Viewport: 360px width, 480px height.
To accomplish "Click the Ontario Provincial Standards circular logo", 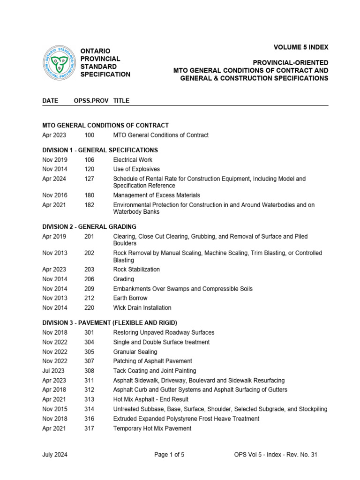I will tap(60, 62).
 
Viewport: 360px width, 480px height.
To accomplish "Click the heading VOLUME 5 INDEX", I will tap(301, 47).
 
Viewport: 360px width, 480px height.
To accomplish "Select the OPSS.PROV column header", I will tap(91, 100).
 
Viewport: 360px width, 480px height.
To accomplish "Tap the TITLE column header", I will tap(121, 100).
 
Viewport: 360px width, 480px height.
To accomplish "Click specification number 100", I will tap(89, 135).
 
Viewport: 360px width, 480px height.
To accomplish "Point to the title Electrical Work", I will tap(133, 159).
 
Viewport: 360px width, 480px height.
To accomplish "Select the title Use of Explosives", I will tap(136, 169).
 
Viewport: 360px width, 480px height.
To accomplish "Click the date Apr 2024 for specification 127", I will tap(54, 179).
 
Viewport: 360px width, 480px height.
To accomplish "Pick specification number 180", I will tap(89, 195).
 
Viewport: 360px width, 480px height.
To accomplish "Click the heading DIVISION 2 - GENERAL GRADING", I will tap(90, 226).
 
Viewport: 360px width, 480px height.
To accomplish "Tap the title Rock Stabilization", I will tap(136, 270).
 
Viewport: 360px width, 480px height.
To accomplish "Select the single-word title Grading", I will tap(124, 279).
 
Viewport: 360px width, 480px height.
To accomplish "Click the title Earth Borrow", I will tap(130, 298).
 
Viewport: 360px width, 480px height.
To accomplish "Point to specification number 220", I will tap(89, 307).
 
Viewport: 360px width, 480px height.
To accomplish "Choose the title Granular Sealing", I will tap(135, 352).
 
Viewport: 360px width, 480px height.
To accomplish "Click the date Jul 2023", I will tap(53, 371).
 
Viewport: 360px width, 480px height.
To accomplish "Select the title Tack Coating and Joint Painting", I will tap(155, 371).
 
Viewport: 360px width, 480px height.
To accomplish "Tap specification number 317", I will tap(89, 428).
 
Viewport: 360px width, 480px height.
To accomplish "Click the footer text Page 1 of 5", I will tap(169, 454).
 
